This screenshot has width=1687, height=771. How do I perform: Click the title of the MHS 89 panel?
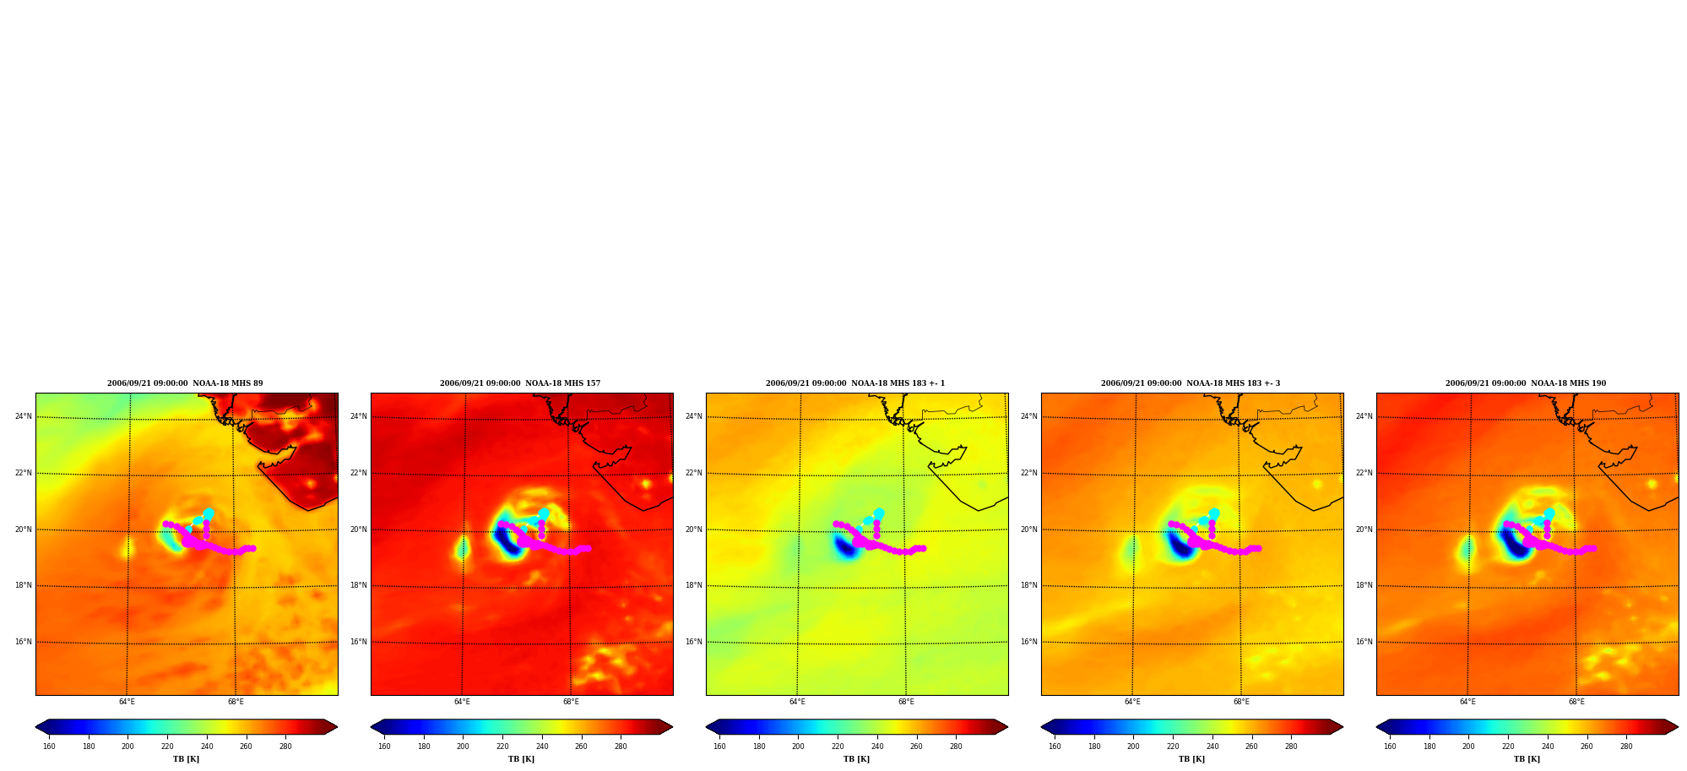pyautogui.click(x=185, y=383)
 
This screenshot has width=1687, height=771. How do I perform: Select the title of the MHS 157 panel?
pyautogui.click(x=520, y=383)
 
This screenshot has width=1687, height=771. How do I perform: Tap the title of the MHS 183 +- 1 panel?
pyautogui.click(x=855, y=383)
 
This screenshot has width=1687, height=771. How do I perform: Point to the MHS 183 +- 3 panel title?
pyautogui.click(x=1191, y=383)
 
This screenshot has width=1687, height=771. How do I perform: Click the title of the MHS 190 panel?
pyautogui.click(x=1526, y=383)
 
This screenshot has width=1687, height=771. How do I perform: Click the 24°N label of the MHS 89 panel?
pyautogui.click(x=23, y=416)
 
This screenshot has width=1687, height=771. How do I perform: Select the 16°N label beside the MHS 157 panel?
pyautogui.click(x=358, y=642)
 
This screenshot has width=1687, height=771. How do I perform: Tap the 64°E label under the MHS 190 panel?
pyautogui.click(x=1467, y=702)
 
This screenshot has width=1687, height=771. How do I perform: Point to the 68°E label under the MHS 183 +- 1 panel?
pyautogui.click(x=906, y=702)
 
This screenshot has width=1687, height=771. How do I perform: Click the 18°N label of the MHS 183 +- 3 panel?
pyautogui.click(x=1028, y=585)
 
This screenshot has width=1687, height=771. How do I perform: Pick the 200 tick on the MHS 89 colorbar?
pyautogui.click(x=127, y=747)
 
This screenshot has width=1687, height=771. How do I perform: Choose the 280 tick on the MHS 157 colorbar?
pyautogui.click(x=621, y=747)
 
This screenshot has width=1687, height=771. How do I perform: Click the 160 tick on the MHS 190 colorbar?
pyautogui.click(x=1390, y=747)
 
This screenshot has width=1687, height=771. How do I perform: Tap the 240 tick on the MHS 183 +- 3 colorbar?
pyautogui.click(x=1212, y=747)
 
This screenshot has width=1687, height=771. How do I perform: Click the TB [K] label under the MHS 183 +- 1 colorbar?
pyautogui.click(x=856, y=759)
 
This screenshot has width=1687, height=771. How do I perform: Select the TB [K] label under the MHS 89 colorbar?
pyautogui.click(x=186, y=759)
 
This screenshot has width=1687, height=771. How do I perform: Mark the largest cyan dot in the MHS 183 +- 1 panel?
pyautogui.click(x=879, y=513)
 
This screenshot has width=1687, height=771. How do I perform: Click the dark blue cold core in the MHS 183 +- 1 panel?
pyautogui.click(x=844, y=546)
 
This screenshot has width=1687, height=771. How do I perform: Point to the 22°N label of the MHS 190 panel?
pyautogui.click(x=1364, y=473)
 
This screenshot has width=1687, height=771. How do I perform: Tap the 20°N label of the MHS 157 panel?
pyautogui.click(x=358, y=529)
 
